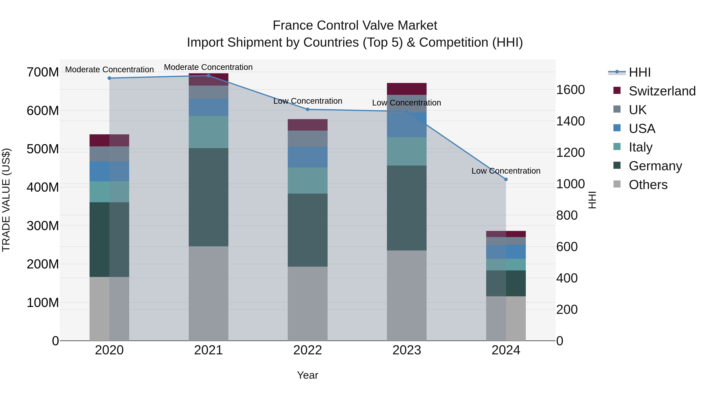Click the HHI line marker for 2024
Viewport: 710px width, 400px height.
click(506, 179)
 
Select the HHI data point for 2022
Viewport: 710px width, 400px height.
click(308, 109)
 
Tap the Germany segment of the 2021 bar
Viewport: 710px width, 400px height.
click(208, 197)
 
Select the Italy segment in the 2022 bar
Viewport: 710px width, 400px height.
click(308, 181)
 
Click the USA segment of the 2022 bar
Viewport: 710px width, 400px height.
click(308, 157)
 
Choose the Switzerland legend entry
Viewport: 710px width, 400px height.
click(662, 91)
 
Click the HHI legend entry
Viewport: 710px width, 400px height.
click(639, 72)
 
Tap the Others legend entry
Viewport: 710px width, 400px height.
click(648, 185)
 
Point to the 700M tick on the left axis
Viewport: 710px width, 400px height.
click(43, 72)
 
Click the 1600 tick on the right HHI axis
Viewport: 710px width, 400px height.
click(570, 90)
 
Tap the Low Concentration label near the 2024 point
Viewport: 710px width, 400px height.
click(506, 171)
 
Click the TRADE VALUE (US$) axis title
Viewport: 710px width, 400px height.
click(6, 200)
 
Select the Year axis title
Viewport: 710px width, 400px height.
click(308, 375)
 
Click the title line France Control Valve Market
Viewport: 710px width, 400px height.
click(355, 25)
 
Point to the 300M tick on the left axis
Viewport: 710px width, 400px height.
click(43, 226)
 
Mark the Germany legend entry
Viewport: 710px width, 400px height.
click(655, 166)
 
